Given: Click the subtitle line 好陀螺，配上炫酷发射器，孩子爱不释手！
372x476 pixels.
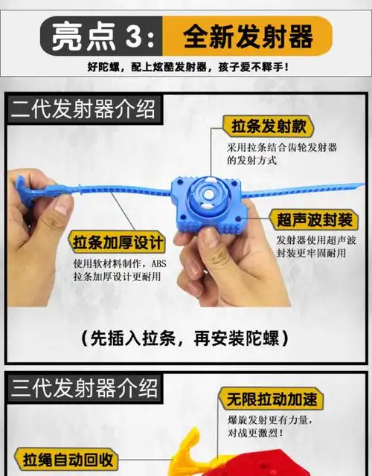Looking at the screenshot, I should (186, 68).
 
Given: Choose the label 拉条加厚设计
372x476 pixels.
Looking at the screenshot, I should (118, 242).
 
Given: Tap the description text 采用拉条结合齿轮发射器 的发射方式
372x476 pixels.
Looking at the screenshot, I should (282, 154).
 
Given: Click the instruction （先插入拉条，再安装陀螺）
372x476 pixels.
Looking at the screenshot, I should (186, 338).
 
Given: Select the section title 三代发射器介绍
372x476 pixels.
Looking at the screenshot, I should (83, 388).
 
